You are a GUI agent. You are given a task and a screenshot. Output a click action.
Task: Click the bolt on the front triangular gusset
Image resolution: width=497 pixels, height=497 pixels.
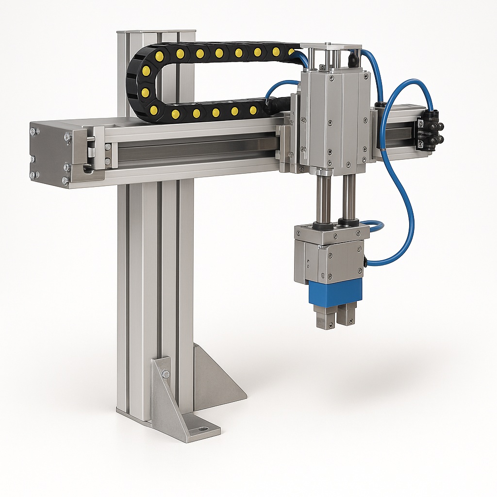166,374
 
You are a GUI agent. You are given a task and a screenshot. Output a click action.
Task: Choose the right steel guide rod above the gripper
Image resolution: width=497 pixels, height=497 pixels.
349,197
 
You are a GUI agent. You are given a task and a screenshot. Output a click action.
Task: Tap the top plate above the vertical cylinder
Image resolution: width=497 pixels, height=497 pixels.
331,47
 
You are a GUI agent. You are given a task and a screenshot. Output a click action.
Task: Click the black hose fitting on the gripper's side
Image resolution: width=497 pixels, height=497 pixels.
365,262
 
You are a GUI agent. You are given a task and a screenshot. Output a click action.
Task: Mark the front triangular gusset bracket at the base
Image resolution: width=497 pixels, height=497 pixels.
170,398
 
